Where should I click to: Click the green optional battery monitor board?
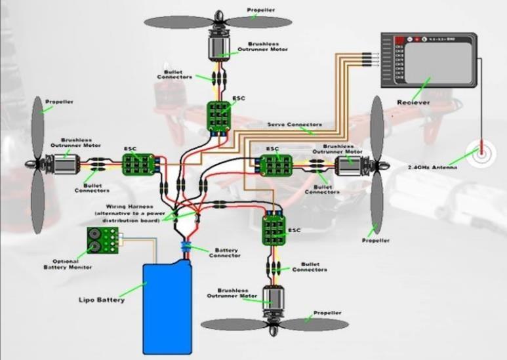click(x=102, y=241)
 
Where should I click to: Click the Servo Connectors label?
click(x=294, y=124)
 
